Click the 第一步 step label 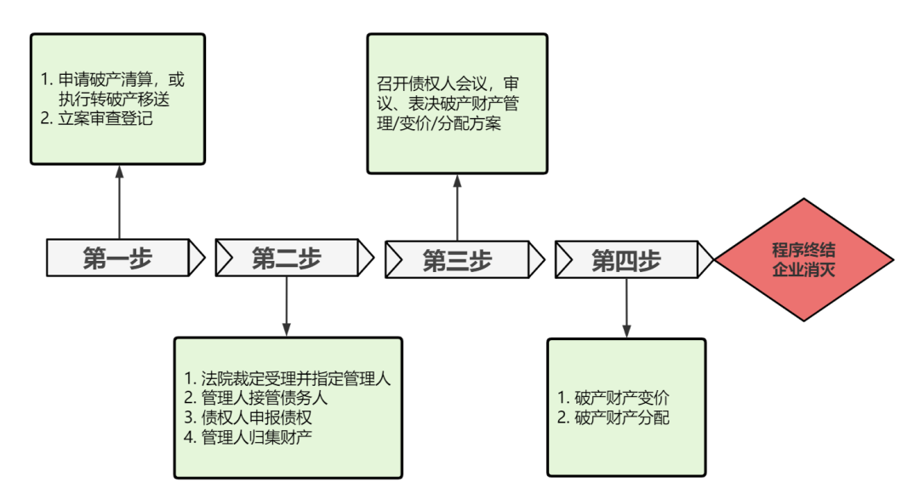[117, 258]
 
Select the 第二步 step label [287, 258]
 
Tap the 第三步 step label [457, 259]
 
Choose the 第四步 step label [626, 259]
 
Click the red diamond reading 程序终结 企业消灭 [804, 259]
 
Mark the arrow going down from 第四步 [627, 307]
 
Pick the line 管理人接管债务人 [264, 398]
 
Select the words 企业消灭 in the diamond [804, 270]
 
